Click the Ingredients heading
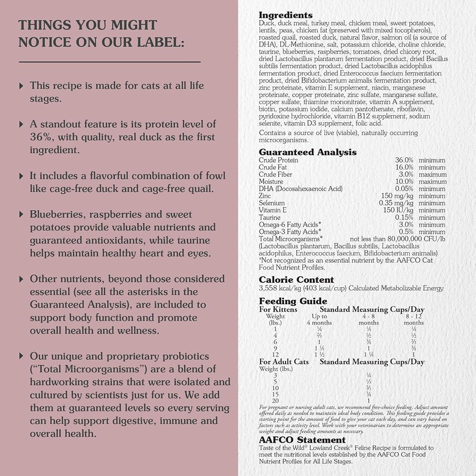coord(286,15)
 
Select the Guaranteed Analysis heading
coord(307,152)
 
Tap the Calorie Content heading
coord(296,279)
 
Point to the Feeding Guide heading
coord(293,301)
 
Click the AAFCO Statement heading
coord(302,440)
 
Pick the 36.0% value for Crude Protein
coord(404,160)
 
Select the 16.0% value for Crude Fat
coord(404,168)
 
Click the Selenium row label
coord(273,203)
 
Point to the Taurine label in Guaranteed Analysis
coord(270,218)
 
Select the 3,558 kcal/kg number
coord(279,288)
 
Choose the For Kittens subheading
coord(278,309)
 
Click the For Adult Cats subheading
coord(284,362)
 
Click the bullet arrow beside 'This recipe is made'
coord(21,86)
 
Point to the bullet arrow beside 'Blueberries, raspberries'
coord(21,215)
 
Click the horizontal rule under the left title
coord(109,62)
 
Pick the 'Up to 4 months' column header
coord(319,319)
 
